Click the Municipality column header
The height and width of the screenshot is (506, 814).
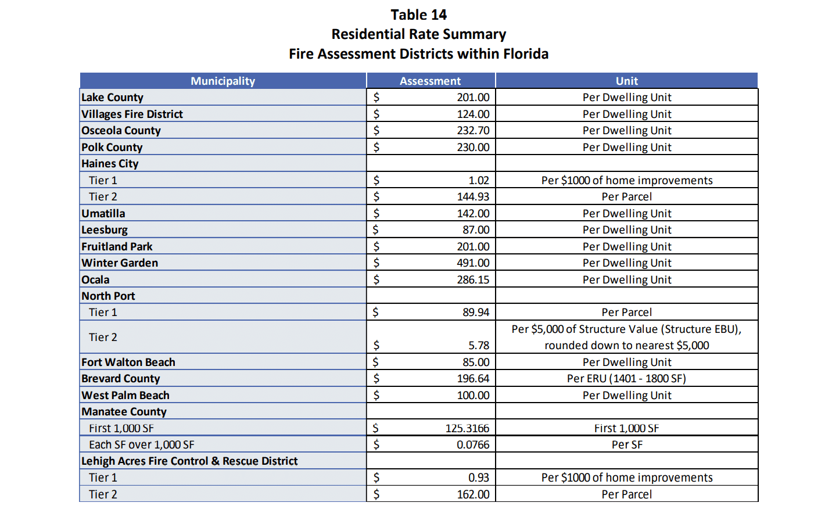[223, 81]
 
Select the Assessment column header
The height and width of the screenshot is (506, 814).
[430, 81]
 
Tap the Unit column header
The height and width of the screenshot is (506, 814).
[626, 81]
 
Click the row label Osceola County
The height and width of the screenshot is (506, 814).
[121, 131]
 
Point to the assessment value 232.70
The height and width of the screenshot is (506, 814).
[473, 131]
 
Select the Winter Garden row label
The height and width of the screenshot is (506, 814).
[120, 263]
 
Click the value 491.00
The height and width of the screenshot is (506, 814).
[473, 263]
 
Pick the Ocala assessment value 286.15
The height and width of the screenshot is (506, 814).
[473, 280]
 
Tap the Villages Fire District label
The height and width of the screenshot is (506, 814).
[132, 114]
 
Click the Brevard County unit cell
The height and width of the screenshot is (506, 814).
[626, 379]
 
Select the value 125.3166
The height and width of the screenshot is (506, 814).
[467, 429]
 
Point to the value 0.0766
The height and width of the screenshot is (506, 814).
[473, 445]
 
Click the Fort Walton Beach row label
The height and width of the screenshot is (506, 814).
[128, 363]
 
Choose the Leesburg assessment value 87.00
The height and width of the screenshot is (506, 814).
[476, 230]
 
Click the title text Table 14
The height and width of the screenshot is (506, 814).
[418, 15]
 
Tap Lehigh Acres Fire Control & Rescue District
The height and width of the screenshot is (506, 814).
[189, 461]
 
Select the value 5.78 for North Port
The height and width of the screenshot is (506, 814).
[479, 346]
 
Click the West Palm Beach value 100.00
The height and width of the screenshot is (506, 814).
[473, 396]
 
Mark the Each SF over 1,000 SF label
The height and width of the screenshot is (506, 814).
[142, 445]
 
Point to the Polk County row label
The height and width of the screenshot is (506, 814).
[112, 148]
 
